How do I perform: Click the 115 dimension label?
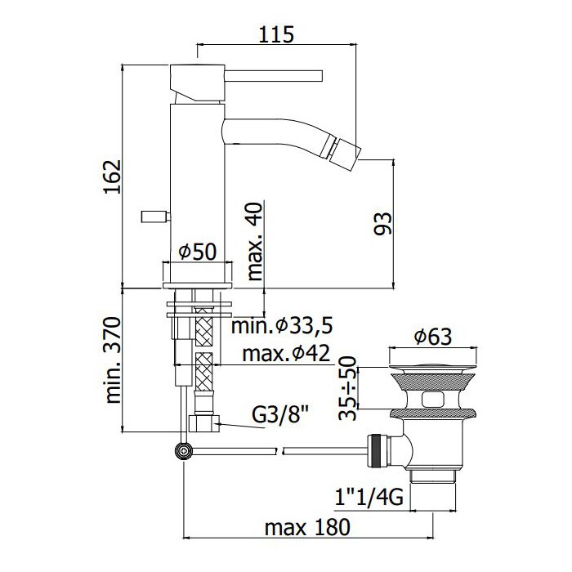click(x=276, y=34)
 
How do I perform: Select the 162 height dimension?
click(x=113, y=177)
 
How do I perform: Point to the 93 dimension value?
click(x=382, y=224)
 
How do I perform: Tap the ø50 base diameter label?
click(x=198, y=252)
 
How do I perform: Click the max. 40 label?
click(x=255, y=241)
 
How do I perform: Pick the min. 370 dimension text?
click(x=113, y=360)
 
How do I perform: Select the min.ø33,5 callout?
click(x=282, y=326)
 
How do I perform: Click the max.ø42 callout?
click(x=286, y=353)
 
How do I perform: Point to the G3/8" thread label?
click(x=280, y=415)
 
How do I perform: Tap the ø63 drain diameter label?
click(x=433, y=337)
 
